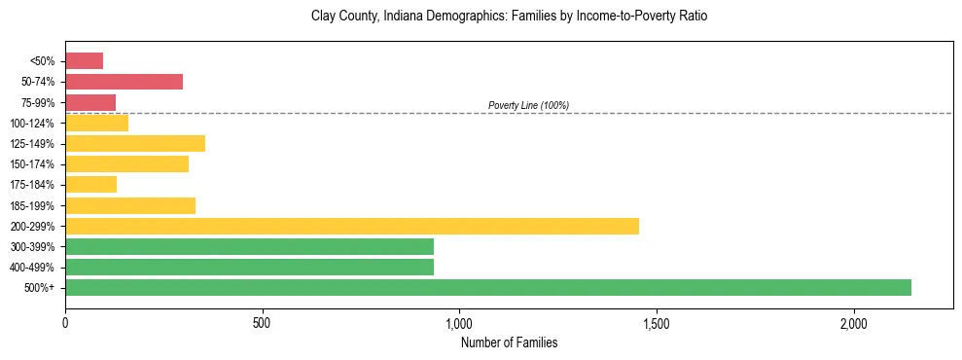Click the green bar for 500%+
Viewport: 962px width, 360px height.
coord(488,287)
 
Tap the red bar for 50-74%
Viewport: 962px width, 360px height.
coord(124,82)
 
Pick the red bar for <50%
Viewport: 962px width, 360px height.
coord(84,61)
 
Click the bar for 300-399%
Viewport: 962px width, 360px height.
coord(249,246)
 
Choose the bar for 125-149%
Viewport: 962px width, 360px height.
coord(135,143)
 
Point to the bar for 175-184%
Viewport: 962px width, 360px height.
coord(90,184)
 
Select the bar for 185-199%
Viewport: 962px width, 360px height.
coord(130,205)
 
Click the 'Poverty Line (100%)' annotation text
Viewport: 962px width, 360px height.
coord(528,105)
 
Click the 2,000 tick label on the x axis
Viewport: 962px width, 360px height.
coord(853,323)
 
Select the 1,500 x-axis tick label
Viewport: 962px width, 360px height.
coord(657,323)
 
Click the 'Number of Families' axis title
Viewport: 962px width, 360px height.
coord(509,342)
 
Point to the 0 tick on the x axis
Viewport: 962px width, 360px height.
coord(65,323)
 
